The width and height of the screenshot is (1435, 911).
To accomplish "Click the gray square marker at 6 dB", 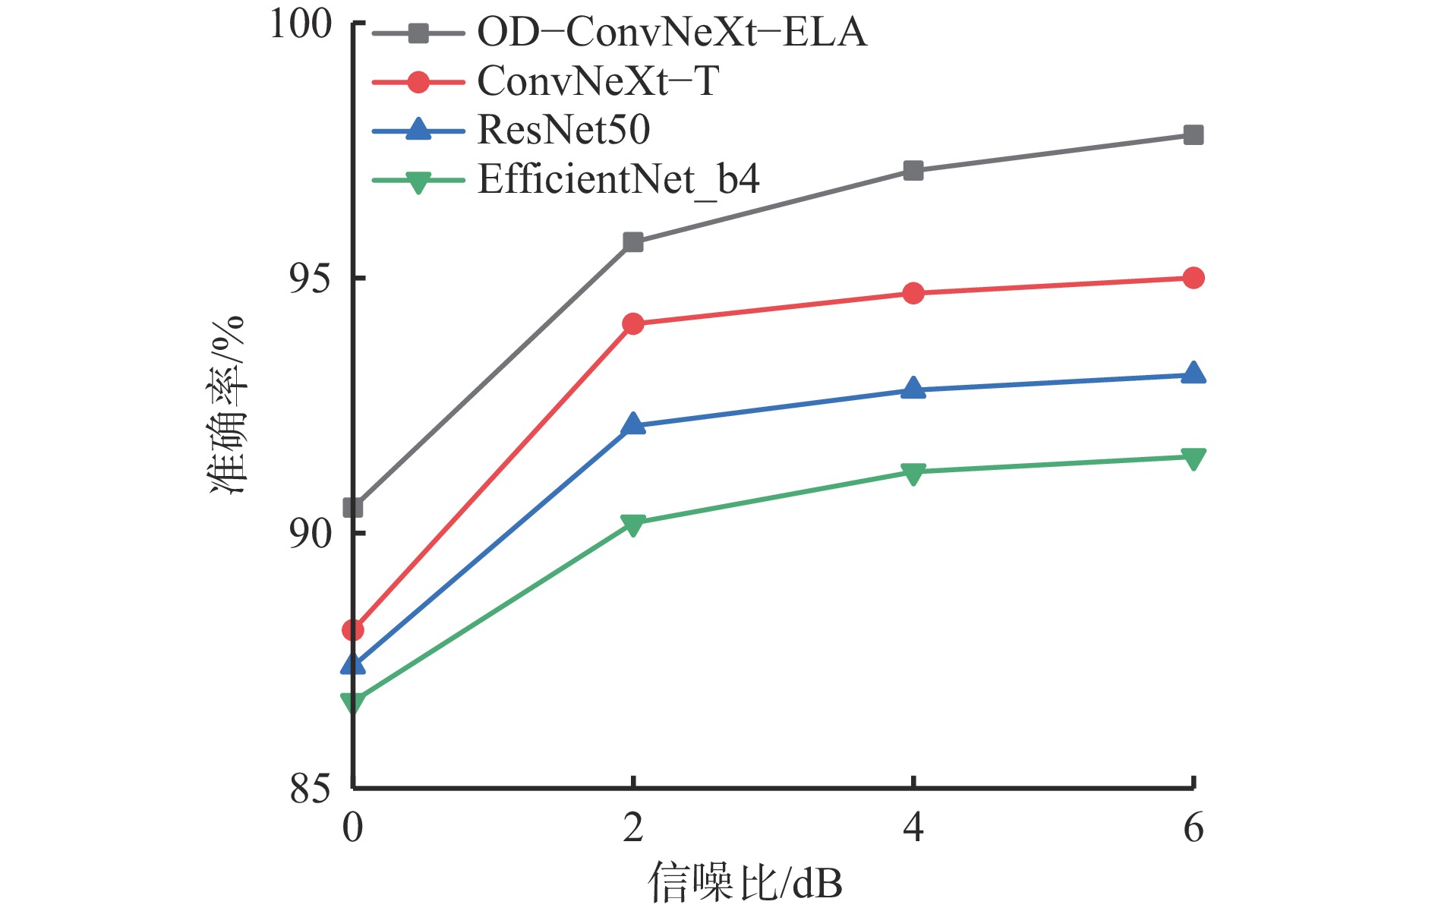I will click(1193, 135).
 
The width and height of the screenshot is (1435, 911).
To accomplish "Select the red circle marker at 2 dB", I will click(632, 324).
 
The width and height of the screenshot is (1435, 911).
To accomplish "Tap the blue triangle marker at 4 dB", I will click(913, 389).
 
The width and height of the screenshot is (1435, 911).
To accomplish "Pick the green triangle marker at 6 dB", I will click(1193, 458).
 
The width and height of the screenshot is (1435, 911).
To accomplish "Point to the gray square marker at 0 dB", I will click(353, 507).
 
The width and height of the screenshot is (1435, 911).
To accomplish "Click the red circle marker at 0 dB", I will click(353, 630).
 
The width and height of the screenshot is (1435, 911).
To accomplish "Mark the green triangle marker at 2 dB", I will click(632, 525).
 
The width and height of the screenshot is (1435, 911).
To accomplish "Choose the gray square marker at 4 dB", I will click(913, 171).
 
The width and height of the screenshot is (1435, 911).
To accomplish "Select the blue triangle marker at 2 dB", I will click(632, 424).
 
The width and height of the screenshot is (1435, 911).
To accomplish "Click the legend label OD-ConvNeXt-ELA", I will click(671, 33).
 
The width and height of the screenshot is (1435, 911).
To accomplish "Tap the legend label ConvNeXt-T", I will click(598, 81).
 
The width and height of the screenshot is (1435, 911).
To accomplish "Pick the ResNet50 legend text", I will click(563, 130).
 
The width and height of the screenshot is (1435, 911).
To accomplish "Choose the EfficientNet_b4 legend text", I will click(618, 180).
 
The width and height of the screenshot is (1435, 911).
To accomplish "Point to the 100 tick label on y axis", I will click(301, 24).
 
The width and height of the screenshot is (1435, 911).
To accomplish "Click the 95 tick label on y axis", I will click(311, 279).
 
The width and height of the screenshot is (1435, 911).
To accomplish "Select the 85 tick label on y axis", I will click(311, 790).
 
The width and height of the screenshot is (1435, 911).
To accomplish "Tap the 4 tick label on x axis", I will click(913, 827).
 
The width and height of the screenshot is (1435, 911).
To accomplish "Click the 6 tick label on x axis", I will click(1193, 827).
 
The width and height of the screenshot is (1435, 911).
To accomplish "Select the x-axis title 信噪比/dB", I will click(745, 882).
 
